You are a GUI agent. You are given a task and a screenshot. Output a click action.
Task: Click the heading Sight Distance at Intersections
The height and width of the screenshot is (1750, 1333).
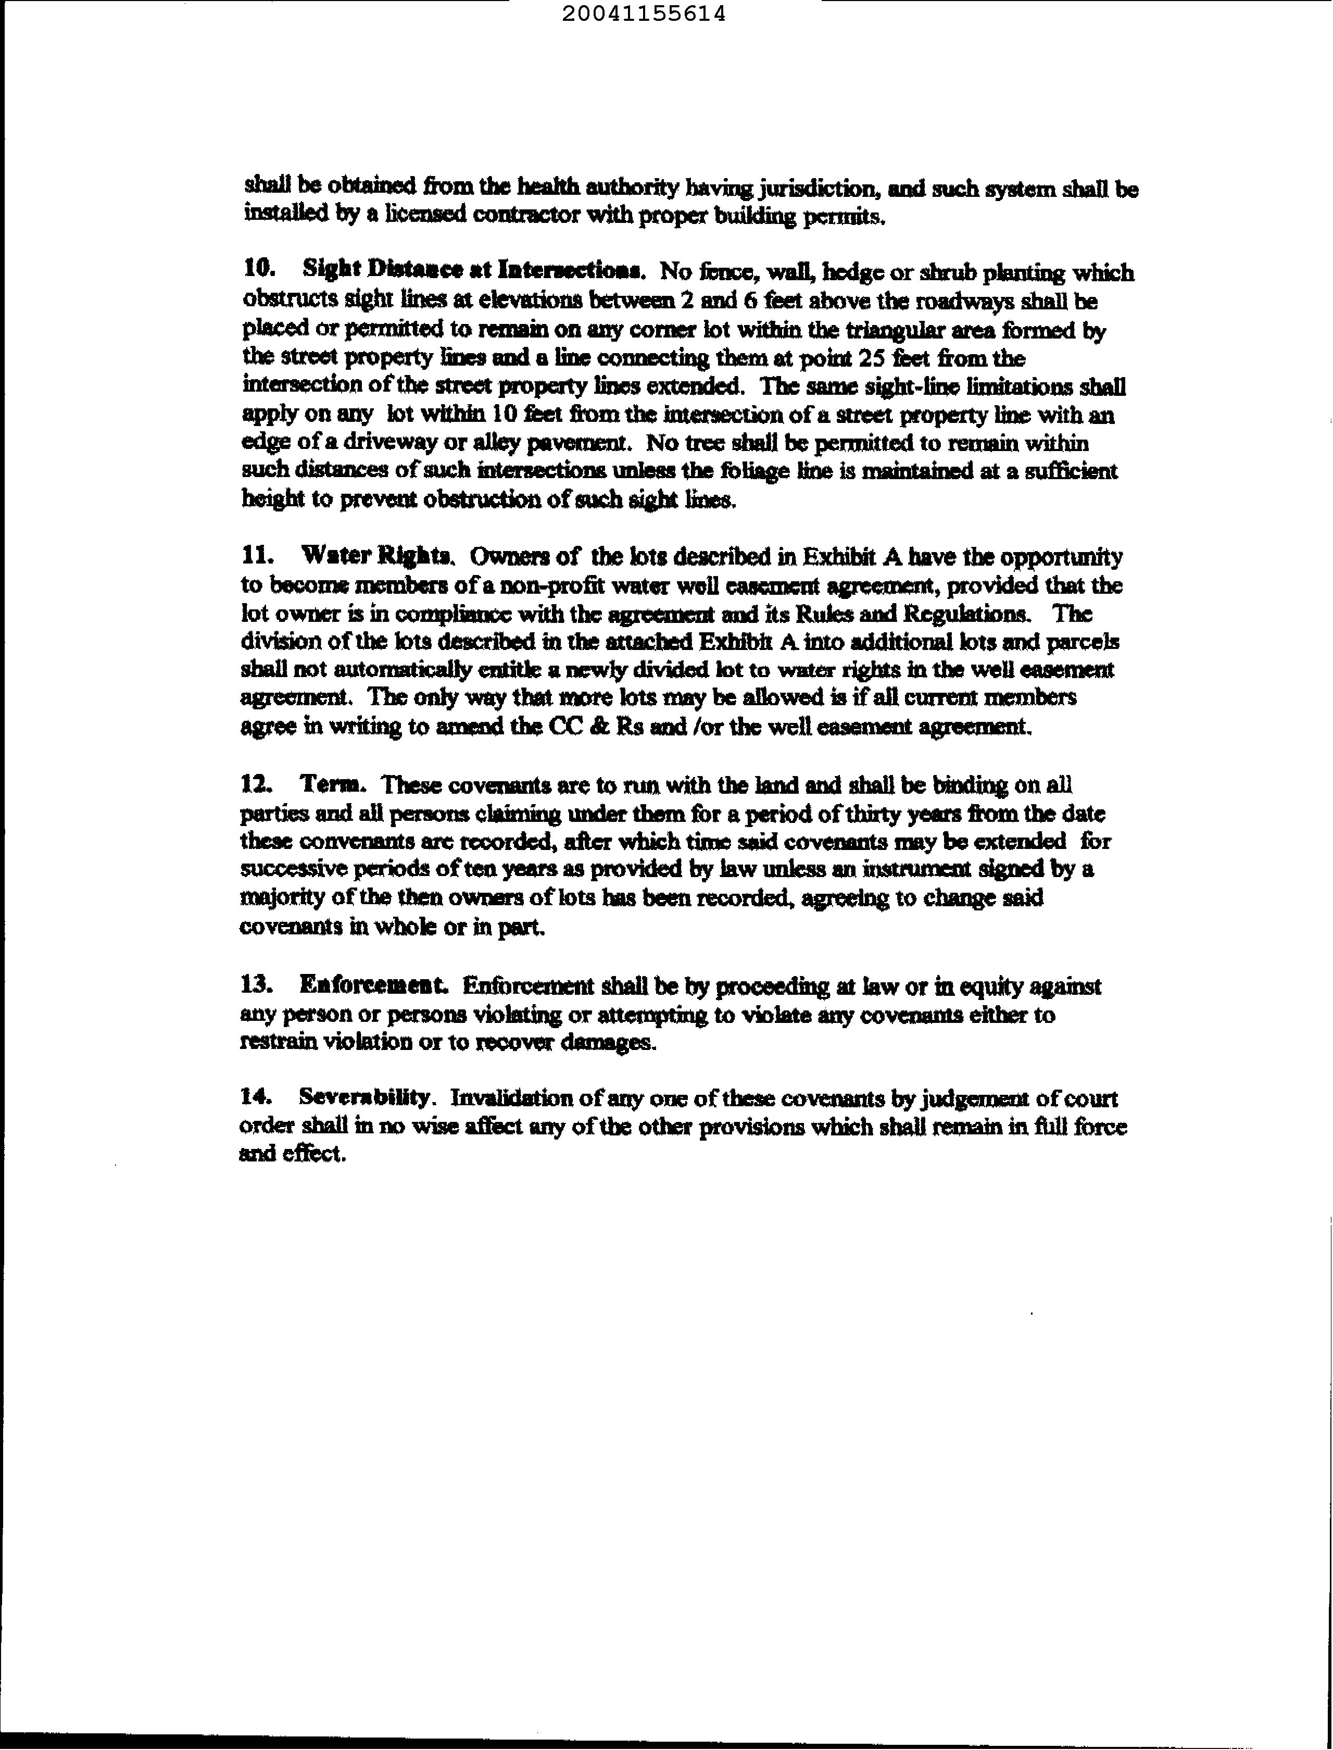click(472, 271)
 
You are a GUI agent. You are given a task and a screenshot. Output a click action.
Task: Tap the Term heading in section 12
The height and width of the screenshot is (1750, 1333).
click(333, 784)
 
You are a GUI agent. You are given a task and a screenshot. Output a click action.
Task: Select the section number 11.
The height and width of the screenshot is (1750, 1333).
click(257, 556)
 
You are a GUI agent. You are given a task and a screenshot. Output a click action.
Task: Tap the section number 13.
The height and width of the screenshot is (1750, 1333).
click(257, 986)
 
